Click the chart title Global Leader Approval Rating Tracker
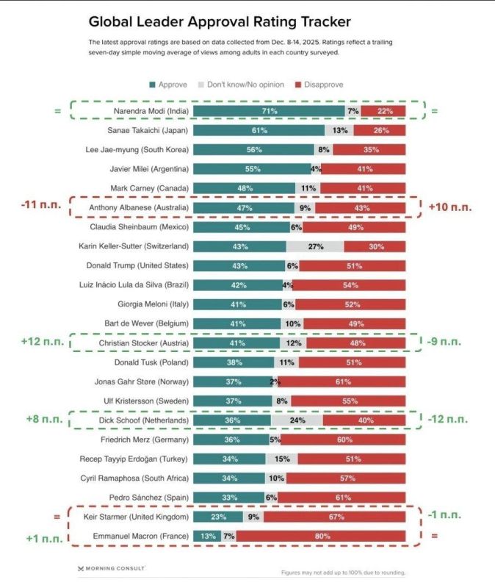219,21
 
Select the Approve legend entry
172,85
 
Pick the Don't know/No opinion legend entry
247,85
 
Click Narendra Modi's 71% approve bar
269,111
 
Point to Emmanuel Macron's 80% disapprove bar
320,537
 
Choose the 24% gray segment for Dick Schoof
297,420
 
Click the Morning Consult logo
112,568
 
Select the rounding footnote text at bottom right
343,573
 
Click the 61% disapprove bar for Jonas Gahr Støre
342,381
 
